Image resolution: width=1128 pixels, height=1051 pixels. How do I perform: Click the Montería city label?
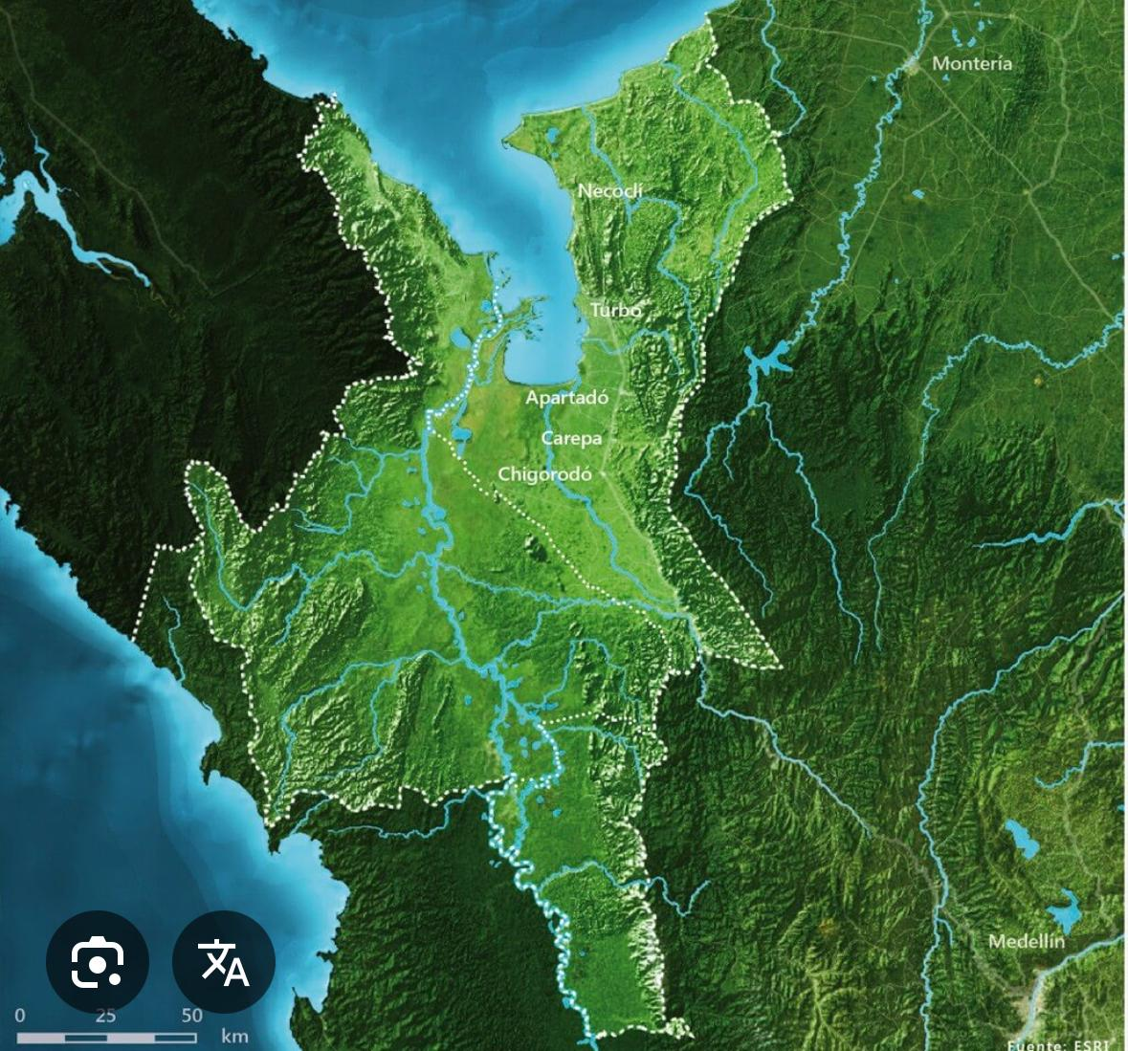[x=971, y=63]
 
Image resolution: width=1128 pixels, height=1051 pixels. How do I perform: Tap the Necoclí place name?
[x=610, y=191]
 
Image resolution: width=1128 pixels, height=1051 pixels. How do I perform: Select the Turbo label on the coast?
[x=615, y=310]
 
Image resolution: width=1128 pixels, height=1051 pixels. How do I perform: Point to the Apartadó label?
[x=566, y=398]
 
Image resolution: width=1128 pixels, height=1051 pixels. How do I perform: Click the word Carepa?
[x=571, y=438]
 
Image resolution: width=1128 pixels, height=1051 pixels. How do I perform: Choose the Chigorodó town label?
[x=544, y=473]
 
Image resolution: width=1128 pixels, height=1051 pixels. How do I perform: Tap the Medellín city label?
[x=1026, y=941]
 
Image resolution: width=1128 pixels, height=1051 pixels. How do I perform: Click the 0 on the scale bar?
[x=20, y=1016]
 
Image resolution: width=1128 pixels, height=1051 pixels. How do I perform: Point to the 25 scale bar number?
[x=105, y=1016]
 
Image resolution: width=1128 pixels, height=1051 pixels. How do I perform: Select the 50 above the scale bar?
[x=191, y=1016]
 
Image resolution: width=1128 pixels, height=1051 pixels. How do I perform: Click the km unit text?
[x=234, y=1036]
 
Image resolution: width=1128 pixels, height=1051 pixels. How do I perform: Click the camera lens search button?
[x=98, y=961]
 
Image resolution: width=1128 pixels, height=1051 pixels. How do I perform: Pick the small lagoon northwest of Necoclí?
[x=552, y=137]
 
